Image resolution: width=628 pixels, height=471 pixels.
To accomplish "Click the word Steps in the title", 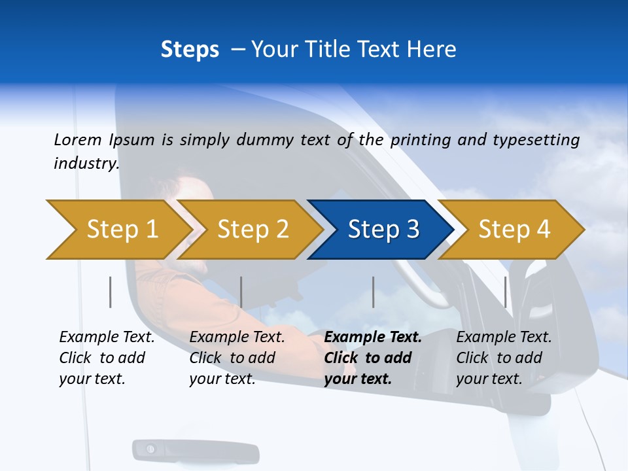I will (x=190, y=50).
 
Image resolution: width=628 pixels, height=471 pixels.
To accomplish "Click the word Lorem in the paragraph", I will (x=77, y=139).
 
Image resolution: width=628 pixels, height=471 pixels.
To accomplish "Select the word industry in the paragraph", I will (x=86, y=163).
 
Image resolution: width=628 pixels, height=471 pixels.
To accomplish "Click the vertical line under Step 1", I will (x=111, y=292).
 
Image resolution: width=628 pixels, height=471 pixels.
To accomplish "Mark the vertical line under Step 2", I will (x=241, y=292).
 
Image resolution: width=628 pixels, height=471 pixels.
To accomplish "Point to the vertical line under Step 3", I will (x=374, y=292).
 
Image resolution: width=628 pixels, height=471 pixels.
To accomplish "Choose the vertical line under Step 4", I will (x=506, y=292).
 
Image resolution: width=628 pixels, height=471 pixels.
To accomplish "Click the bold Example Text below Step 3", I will (x=373, y=338).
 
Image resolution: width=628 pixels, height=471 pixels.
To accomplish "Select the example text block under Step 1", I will (x=107, y=358).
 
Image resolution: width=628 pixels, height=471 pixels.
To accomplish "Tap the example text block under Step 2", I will (x=237, y=358).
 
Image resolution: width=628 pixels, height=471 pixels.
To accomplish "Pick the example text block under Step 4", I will (x=504, y=358).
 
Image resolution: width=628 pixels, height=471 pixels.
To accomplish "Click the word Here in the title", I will (x=431, y=50).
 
